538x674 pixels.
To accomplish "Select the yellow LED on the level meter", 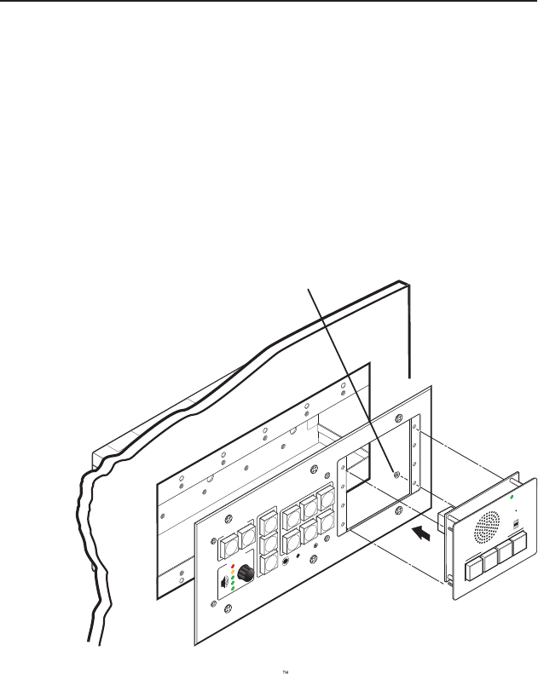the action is click(233, 573).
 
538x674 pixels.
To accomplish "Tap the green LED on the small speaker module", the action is click(511, 496).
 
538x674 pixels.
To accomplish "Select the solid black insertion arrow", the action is click(421, 534).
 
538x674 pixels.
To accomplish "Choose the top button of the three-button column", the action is click(268, 520).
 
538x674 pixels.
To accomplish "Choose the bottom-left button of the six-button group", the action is click(291, 538).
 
